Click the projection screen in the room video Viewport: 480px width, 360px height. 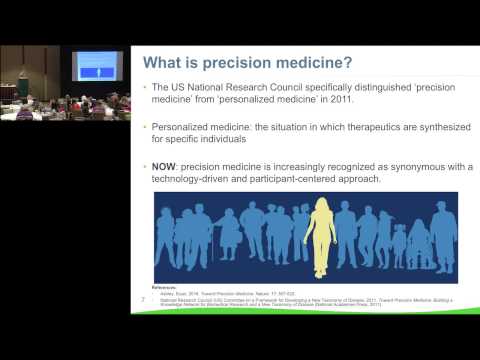[98, 66]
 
